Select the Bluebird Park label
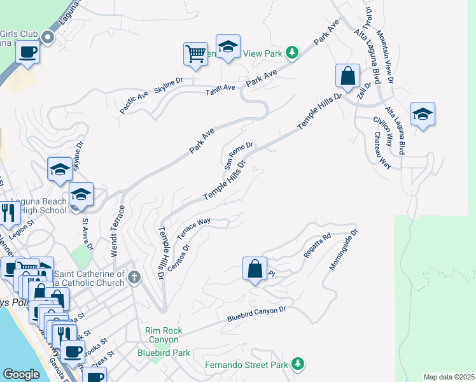164,353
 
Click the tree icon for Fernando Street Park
297,364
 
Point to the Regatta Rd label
318,245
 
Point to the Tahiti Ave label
220,90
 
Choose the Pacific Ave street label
134,103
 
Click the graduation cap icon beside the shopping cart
228,46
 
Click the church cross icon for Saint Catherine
134,277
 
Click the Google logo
21,374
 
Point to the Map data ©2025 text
449,377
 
